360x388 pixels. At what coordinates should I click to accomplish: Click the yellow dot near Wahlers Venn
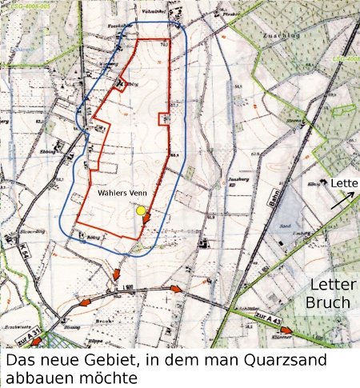click(x=142, y=210)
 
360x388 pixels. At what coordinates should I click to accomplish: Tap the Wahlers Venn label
click(x=121, y=193)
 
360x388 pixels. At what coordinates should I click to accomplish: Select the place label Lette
click(x=346, y=184)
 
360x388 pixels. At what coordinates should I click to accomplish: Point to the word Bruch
click(x=328, y=302)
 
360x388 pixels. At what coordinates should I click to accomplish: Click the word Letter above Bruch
click(x=330, y=286)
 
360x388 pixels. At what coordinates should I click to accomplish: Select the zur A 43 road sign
click(x=258, y=320)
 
